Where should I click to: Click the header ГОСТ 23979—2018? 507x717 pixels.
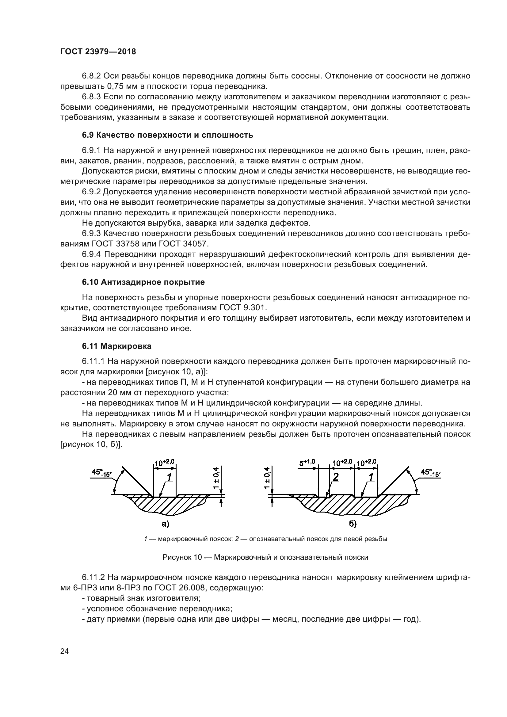click(x=98, y=52)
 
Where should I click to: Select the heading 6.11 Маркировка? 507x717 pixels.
click(x=117, y=346)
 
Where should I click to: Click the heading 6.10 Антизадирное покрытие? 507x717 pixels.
click(x=143, y=282)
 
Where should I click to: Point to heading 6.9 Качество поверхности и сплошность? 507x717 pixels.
click(x=167, y=135)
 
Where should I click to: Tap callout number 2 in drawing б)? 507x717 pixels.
click(x=336, y=477)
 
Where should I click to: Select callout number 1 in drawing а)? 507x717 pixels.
click(x=169, y=477)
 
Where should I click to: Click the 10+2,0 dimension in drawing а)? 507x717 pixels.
click(x=165, y=463)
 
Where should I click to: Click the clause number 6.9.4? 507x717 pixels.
click(x=91, y=254)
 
